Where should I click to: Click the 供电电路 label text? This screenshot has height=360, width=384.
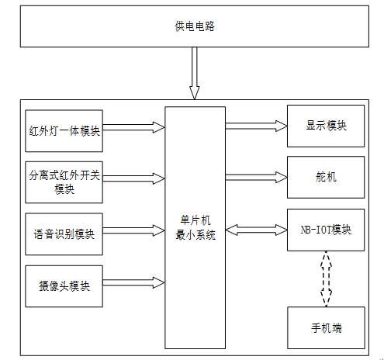(x=195, y=26)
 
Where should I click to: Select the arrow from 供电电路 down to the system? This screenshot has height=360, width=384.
(x=195, y=73)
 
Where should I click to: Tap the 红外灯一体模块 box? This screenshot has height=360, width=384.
(x=64, y=131)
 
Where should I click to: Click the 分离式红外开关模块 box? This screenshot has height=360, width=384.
(x=64, y=182)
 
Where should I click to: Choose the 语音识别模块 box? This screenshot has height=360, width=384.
(x=64, y=234)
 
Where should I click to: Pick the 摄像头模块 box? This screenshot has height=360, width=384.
(x=64, y=286)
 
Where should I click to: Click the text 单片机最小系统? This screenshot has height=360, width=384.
(x=195, y=227)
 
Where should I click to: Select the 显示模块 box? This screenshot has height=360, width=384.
(x=326, y=126)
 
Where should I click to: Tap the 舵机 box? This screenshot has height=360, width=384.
(x=326, y=177)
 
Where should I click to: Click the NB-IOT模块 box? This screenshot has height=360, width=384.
(x=326, y=230)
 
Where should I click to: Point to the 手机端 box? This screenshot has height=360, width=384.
(x=326, y=327)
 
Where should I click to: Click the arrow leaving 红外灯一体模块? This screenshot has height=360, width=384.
(x=133, y=127)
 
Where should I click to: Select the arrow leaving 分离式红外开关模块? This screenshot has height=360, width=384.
(x=133, y=178)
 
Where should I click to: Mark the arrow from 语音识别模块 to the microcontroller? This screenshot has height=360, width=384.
(x=133, y=230)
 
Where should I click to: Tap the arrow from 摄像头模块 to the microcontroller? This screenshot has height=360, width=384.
(x=133, y=282)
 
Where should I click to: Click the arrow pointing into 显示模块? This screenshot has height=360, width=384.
(x=256, y=126)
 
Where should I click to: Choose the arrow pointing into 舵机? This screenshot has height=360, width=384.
(x=256, y=177)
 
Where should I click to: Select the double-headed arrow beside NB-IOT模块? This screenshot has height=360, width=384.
(x=256, y=230)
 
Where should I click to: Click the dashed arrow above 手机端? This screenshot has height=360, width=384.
(x=326, y=279)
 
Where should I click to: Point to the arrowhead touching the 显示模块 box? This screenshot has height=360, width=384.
(x=282, y=126)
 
